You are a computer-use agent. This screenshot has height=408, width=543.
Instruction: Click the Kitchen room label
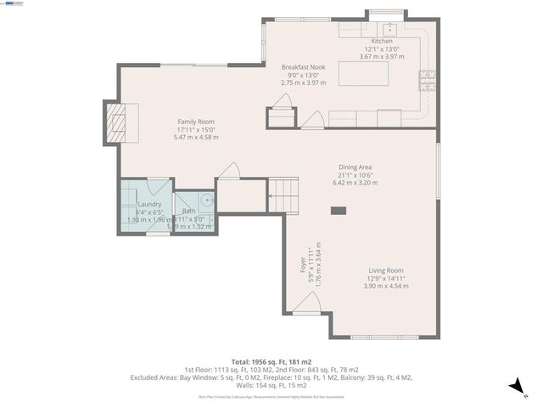click(382, 41)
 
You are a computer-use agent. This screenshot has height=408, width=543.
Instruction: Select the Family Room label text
click(196, 122)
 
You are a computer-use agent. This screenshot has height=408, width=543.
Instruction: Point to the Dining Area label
click(355, 167)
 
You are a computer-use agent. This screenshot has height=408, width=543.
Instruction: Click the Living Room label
click(386, 270)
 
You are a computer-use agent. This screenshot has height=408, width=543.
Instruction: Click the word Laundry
click(149, 205)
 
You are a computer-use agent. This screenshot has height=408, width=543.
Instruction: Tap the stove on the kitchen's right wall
click(427, 81)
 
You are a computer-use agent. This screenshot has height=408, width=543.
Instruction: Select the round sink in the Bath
click(206, 201)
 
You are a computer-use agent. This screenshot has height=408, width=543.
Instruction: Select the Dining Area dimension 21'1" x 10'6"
click(355, 175)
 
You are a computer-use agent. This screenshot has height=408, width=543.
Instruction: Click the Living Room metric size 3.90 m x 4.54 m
click(386, 286)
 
